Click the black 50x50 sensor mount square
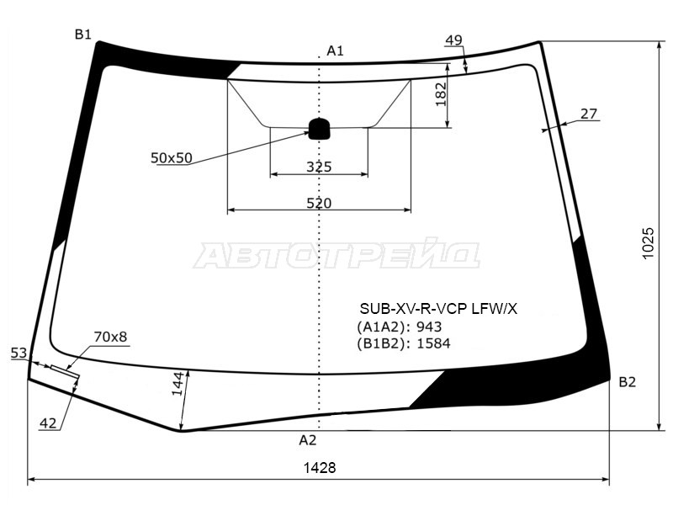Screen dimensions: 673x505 tap(320, 129)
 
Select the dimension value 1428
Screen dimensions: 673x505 tap(320, 468)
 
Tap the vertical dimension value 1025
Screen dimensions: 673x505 tap(648, 243)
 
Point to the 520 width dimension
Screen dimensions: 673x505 tap(319, 203)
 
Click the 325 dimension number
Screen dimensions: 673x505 tap(319, 167)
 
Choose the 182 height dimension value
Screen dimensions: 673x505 tap(441, 94)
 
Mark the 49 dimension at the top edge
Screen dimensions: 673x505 tap(453, 40)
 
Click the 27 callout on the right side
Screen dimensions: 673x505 tap(588, 114)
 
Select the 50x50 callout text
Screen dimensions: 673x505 tap(172, 158)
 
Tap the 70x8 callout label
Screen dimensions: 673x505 tap(110, 337)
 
